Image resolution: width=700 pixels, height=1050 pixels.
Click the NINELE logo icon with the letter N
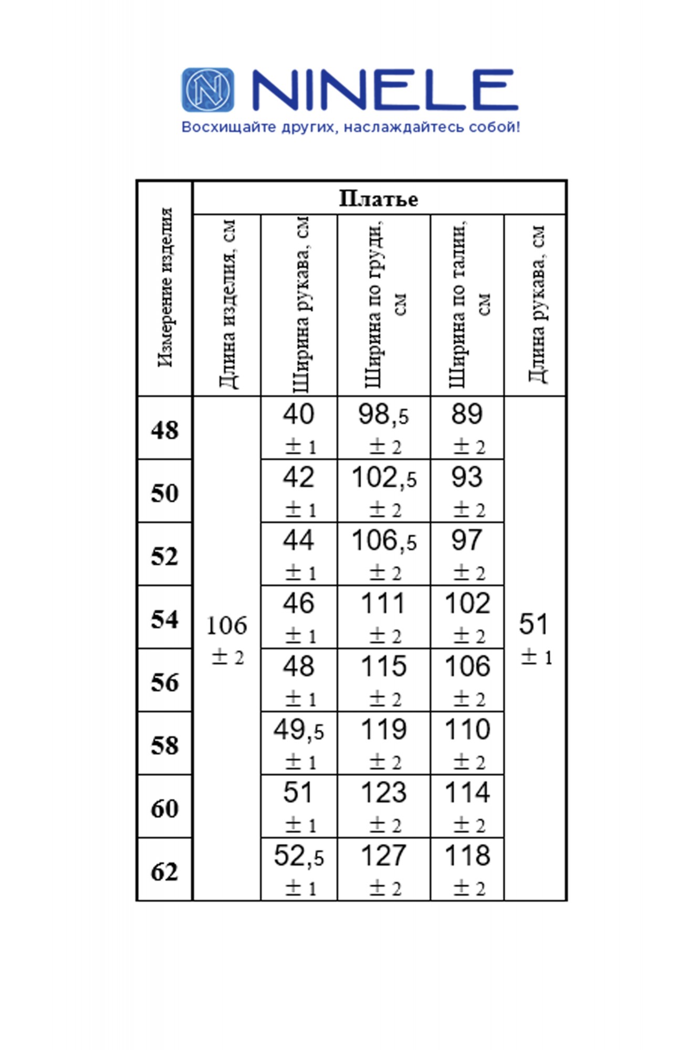pyautogui.click(x=208, y=90)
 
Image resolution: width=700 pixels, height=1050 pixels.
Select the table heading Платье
pyautogui.click(x=379, y=199)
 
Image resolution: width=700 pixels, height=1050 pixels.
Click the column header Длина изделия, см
pyautogui.click(x=227, y=304)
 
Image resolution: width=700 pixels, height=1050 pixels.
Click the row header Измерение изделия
pyautogui.click(x=165, y=287)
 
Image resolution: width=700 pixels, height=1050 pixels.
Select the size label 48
pyautogui.click(x=165, y=430)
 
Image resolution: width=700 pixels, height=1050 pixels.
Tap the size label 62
pyautogui.click(x=165, y=871)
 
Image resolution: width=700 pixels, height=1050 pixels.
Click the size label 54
pyautogui.click(x=165, y=619)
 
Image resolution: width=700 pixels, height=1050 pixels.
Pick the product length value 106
pyautogui.click(x=226, y=625)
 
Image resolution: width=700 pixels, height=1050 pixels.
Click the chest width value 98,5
pyautogui.click(x=383, y=415)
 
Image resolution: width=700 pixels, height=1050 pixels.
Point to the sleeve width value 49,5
pyautogui.click(x=299, y=730)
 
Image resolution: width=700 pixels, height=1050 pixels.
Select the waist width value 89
pyautogui.click(x=467, y=414)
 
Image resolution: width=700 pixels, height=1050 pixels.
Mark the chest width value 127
pyautogui.click(x=383, y=856)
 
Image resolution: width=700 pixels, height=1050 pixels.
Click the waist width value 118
pyautogui.click(x=467, y=856)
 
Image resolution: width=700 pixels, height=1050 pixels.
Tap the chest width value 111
pyautogui.click(x=383, y=604)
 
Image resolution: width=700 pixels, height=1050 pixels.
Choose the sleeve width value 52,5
pyautogui.click(x=299, y=856)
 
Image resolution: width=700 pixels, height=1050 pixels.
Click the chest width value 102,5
pyautogui.click(x=384, y=478)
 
